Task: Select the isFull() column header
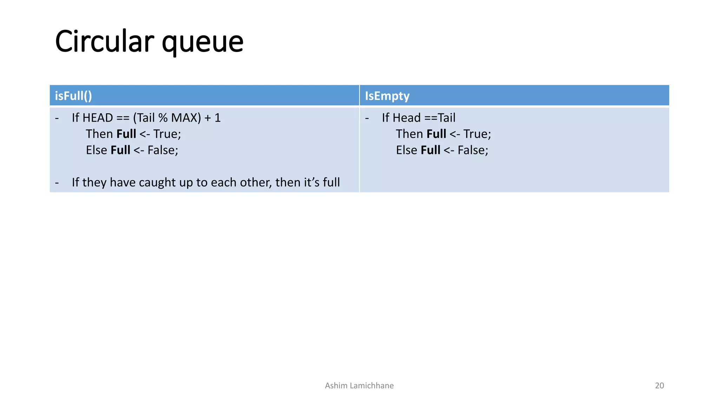click(73, 96)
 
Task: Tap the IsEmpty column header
click(387, 96)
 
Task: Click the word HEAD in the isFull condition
click(98, 118)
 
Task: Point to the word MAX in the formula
click(186, 118)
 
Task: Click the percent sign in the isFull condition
click(163, 118)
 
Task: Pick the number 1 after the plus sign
click(218, 118)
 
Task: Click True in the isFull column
click(167, 134)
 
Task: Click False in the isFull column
click(163, 150)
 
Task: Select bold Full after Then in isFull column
click(126, 134)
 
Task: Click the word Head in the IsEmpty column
click(406, 118)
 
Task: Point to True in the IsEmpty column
click(477, 134)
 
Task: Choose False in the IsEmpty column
click(473, 150)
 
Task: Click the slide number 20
click(659, 386)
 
